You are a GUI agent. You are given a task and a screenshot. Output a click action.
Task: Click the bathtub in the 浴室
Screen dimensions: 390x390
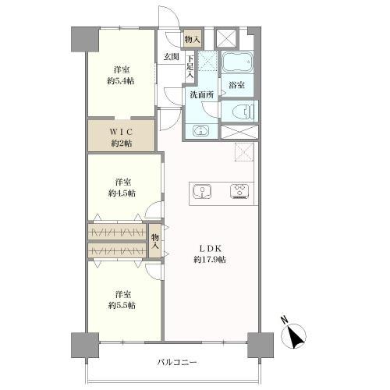point(237,62)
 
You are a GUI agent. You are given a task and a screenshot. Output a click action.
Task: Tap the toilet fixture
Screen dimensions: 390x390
point(243,112)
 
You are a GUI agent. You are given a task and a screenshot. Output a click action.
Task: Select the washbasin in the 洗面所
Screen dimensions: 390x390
point(201,131)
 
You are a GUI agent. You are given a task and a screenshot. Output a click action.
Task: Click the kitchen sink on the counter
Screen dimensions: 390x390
point(202,192)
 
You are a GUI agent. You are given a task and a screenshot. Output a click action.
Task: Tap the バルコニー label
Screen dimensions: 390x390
point(177,362)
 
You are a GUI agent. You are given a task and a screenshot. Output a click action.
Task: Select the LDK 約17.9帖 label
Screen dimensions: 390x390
point(210,254)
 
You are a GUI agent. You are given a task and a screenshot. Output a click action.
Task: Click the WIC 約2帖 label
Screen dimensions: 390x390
point(122,137)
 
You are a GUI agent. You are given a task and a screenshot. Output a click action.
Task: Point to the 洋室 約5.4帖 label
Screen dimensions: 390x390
point(122,76)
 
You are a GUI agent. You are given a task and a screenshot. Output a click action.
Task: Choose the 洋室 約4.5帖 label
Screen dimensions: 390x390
point(122,188)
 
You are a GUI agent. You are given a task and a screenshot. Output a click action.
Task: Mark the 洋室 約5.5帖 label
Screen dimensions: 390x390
point(122,300)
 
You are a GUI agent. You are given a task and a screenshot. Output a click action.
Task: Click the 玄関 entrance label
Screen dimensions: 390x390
point(172,57)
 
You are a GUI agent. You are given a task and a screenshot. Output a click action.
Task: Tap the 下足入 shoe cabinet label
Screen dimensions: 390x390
point(190,66)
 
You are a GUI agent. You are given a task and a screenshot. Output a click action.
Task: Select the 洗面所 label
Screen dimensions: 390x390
point(202,95)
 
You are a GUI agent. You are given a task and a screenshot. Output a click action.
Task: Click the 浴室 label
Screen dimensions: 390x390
point(237,85)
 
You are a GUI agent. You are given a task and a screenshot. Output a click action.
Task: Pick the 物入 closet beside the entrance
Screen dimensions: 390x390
point(193,40)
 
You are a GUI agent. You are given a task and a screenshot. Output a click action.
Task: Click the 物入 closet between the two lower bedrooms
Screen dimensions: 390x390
point(155,241)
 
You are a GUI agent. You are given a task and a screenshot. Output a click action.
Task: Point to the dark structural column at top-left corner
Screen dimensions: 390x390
point(85,39)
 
